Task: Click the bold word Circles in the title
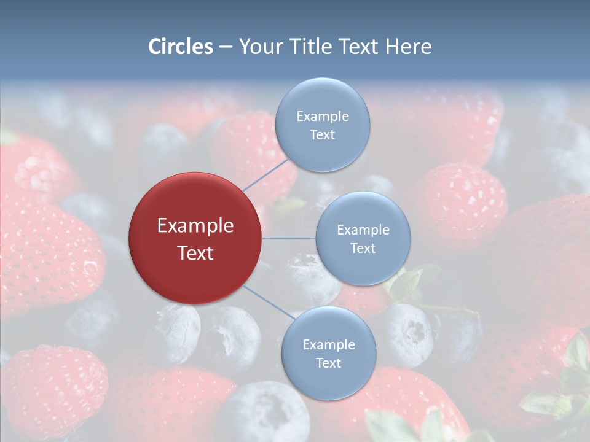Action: click(181, 47)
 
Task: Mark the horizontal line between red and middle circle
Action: click(288, 238)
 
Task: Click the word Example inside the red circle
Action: click(195, 226)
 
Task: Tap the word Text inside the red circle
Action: click(195, 253)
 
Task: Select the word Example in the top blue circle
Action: click(322, 116)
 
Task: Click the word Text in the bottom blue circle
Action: click(328, 363)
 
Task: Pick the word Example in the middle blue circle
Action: click(363, 230)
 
